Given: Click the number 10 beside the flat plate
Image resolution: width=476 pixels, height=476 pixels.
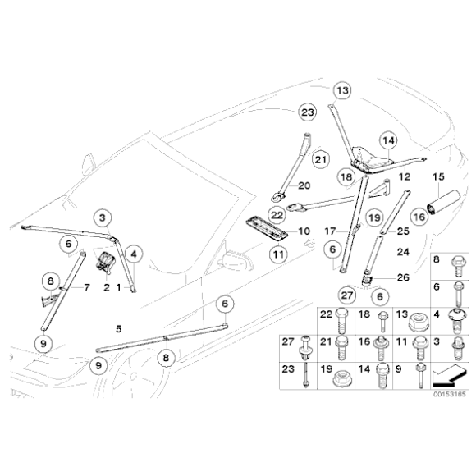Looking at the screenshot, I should (x=303, y=231).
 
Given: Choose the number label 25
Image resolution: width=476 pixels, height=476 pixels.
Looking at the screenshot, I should (x=403, y=231).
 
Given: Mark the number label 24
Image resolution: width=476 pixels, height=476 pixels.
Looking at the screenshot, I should (x=403, y=252).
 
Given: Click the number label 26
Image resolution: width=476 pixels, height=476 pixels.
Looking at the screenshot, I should (x=403, y=277).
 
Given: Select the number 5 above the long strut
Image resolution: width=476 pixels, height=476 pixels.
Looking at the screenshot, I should (x=119, y=328).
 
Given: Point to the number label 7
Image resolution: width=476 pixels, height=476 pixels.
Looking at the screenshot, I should (x=85, y=287).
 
